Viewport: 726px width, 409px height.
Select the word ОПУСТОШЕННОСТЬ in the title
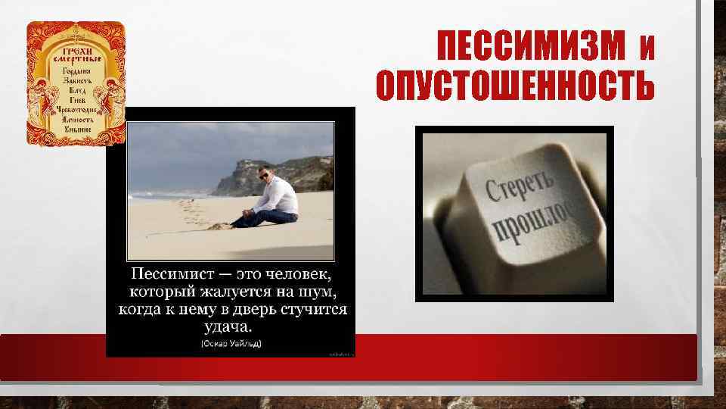[x=515, y=87]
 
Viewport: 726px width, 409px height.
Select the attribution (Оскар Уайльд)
[x=230, y=345]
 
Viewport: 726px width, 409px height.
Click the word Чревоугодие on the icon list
[x=76, y=111]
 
